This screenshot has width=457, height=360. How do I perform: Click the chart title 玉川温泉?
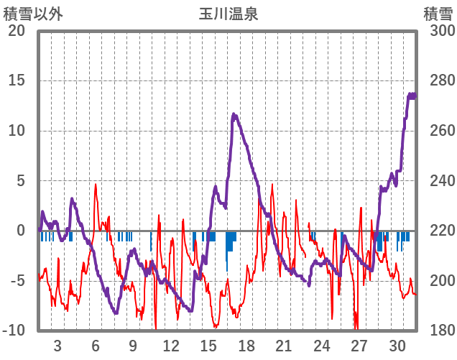tap(228, 14)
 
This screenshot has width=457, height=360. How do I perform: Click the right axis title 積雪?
tap(437, 14)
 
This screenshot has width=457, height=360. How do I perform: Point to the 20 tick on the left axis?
tap(17, 31)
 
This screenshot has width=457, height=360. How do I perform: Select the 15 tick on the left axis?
tap(17, 80)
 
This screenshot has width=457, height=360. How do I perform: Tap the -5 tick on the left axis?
tap(17, 281)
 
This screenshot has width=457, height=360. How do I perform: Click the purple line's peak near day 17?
tap(234, 114)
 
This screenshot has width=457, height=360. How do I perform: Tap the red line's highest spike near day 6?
tap(96, 185)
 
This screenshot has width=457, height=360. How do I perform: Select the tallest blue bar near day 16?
tap(227, 251)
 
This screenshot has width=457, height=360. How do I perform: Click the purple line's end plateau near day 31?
tap(412, 96)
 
